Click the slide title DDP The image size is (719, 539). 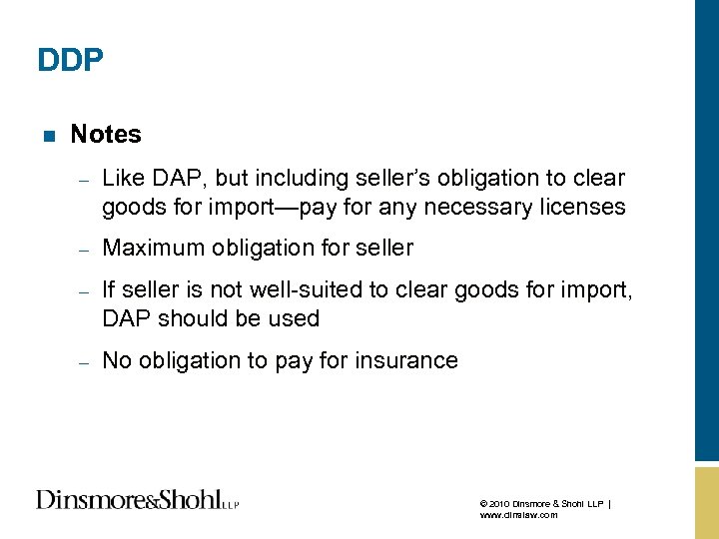pyautogui.click(x=70, y=61)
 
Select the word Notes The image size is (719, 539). pyautogui.click(x=106, y=134)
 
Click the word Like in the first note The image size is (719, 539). pyautogui.click(x=124, y=179)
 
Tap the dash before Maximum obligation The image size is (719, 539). pyautogui.click(x=85, y=250)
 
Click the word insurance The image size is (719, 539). pyautogui.click(x=408, y=360)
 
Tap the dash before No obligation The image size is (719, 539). pyautogui.click(x=85, y=362)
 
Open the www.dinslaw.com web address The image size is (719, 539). pyautogui.click(x=518, y=516)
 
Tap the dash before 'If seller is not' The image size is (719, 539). pyautogui.click(x=85, y=291)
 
